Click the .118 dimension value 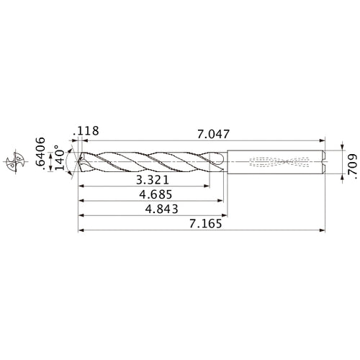[x=89, y=132]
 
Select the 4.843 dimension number [x=161, y=208]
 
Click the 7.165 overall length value [x=202, y=224]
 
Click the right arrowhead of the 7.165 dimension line [x=321, y=230]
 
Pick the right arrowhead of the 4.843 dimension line [x=227, y=215]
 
